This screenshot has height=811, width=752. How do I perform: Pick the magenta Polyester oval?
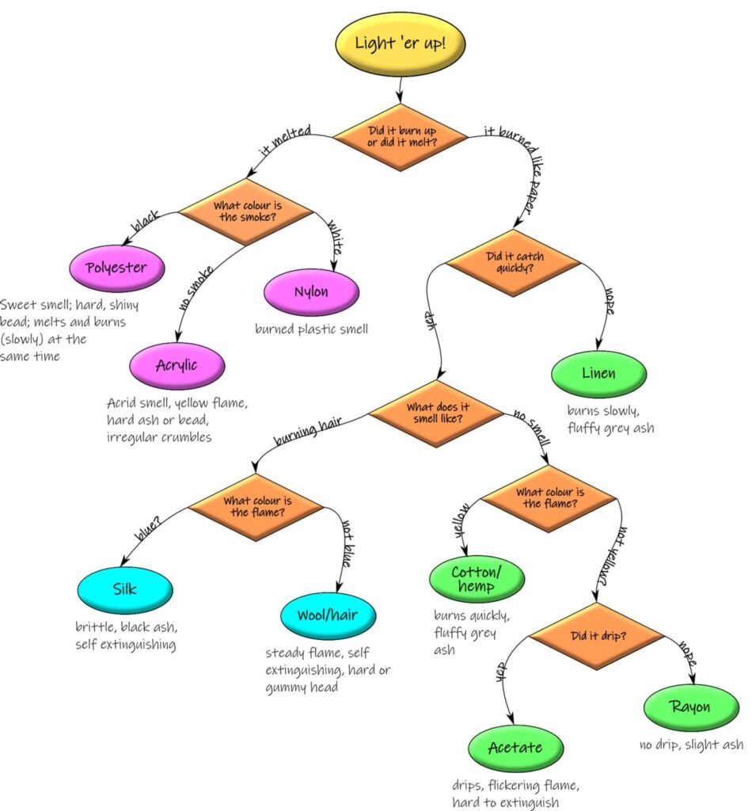click(x=116, y=268)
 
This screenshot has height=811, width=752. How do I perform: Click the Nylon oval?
click(x=311, y=292)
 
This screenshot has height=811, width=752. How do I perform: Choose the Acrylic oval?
click(x=177, y=365)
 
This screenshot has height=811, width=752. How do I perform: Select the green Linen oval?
click(x=598, y=373)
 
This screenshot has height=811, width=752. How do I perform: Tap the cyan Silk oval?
click(x=124, y=589)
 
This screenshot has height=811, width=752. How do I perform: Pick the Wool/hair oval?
click(x=328, y=615)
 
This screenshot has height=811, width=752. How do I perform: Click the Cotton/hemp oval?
click(x=477, y=580)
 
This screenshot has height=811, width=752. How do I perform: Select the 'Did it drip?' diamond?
click(x=595, y=636)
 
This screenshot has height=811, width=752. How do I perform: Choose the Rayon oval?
click(x=690, y=707)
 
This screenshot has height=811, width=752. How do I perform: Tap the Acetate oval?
click(x=515, y=748)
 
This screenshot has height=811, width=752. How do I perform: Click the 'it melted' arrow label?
click(x=285, y=139)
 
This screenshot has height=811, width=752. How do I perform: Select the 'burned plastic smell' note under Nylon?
click(x=311, y=329)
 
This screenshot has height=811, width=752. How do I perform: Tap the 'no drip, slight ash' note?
click(x=690, y=744)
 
